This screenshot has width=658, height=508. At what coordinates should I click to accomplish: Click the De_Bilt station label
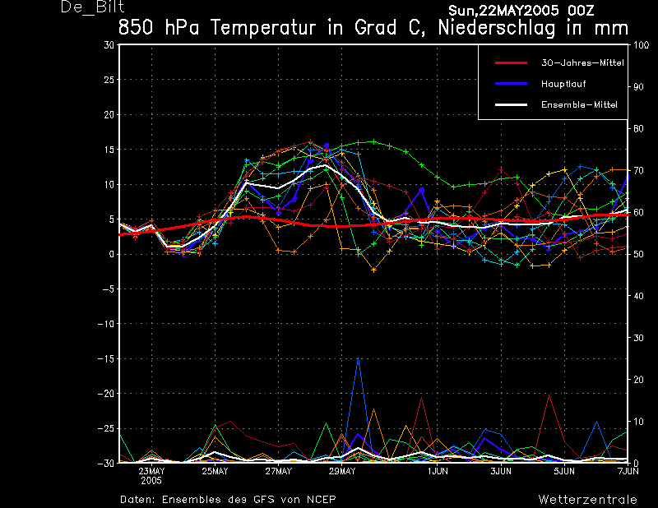[x=88, y=8]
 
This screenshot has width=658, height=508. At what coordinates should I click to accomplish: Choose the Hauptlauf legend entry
[x=563, y=84]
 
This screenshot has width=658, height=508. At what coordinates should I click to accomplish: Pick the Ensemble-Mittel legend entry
[x=578, y=104]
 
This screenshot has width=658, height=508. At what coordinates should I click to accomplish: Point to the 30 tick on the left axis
[x=109, y=45]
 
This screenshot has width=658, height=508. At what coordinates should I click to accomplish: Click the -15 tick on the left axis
[x=106, y=358]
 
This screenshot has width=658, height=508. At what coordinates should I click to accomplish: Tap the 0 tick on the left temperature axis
[x=111, y=254]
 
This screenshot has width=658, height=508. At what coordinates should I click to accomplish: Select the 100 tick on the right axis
[x=642, y=45]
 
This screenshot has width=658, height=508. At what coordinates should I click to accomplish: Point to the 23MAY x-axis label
[x=151, y=472]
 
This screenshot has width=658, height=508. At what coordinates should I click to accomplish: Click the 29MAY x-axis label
[x=342, y=472]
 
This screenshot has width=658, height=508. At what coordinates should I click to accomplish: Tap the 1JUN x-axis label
[x=438, y=472]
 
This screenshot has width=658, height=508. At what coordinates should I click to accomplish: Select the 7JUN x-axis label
[x=628, y=472]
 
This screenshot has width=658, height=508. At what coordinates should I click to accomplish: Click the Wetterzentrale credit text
[x=587, y=499]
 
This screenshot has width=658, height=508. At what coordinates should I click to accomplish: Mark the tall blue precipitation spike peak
[x=358, y=358]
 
